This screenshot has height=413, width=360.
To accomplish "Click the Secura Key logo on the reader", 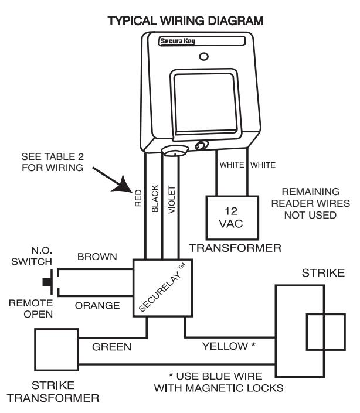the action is point(178,41).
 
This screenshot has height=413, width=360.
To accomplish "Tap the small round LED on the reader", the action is point(203,56).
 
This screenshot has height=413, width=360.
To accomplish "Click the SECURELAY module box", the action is point(162,288).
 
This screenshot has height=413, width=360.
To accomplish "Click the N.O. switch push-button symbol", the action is point(47,282).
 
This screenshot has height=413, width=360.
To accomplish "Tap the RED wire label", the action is point(138,198).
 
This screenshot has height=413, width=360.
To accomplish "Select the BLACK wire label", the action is point(155,199).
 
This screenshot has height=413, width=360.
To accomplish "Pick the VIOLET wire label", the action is point(172,200).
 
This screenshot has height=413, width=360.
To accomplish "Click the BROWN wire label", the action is point(97,257).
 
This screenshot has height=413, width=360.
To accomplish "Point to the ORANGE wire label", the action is point(97,306).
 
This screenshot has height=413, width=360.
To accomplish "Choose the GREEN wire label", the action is point(112,347).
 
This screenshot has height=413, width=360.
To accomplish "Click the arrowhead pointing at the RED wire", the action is point(123,185).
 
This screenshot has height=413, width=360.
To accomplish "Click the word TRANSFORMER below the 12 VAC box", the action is point(235,248).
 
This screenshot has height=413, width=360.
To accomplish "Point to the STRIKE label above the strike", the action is point(324,273).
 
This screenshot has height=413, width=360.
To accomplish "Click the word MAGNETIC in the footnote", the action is point(216,388).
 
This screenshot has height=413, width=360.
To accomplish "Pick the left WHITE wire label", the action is point(232,165).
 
